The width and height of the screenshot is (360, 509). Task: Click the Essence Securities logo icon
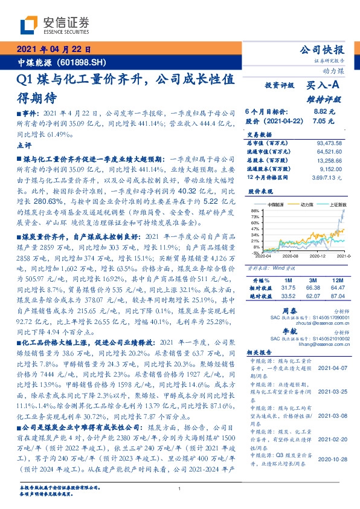[x=27, y=26]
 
